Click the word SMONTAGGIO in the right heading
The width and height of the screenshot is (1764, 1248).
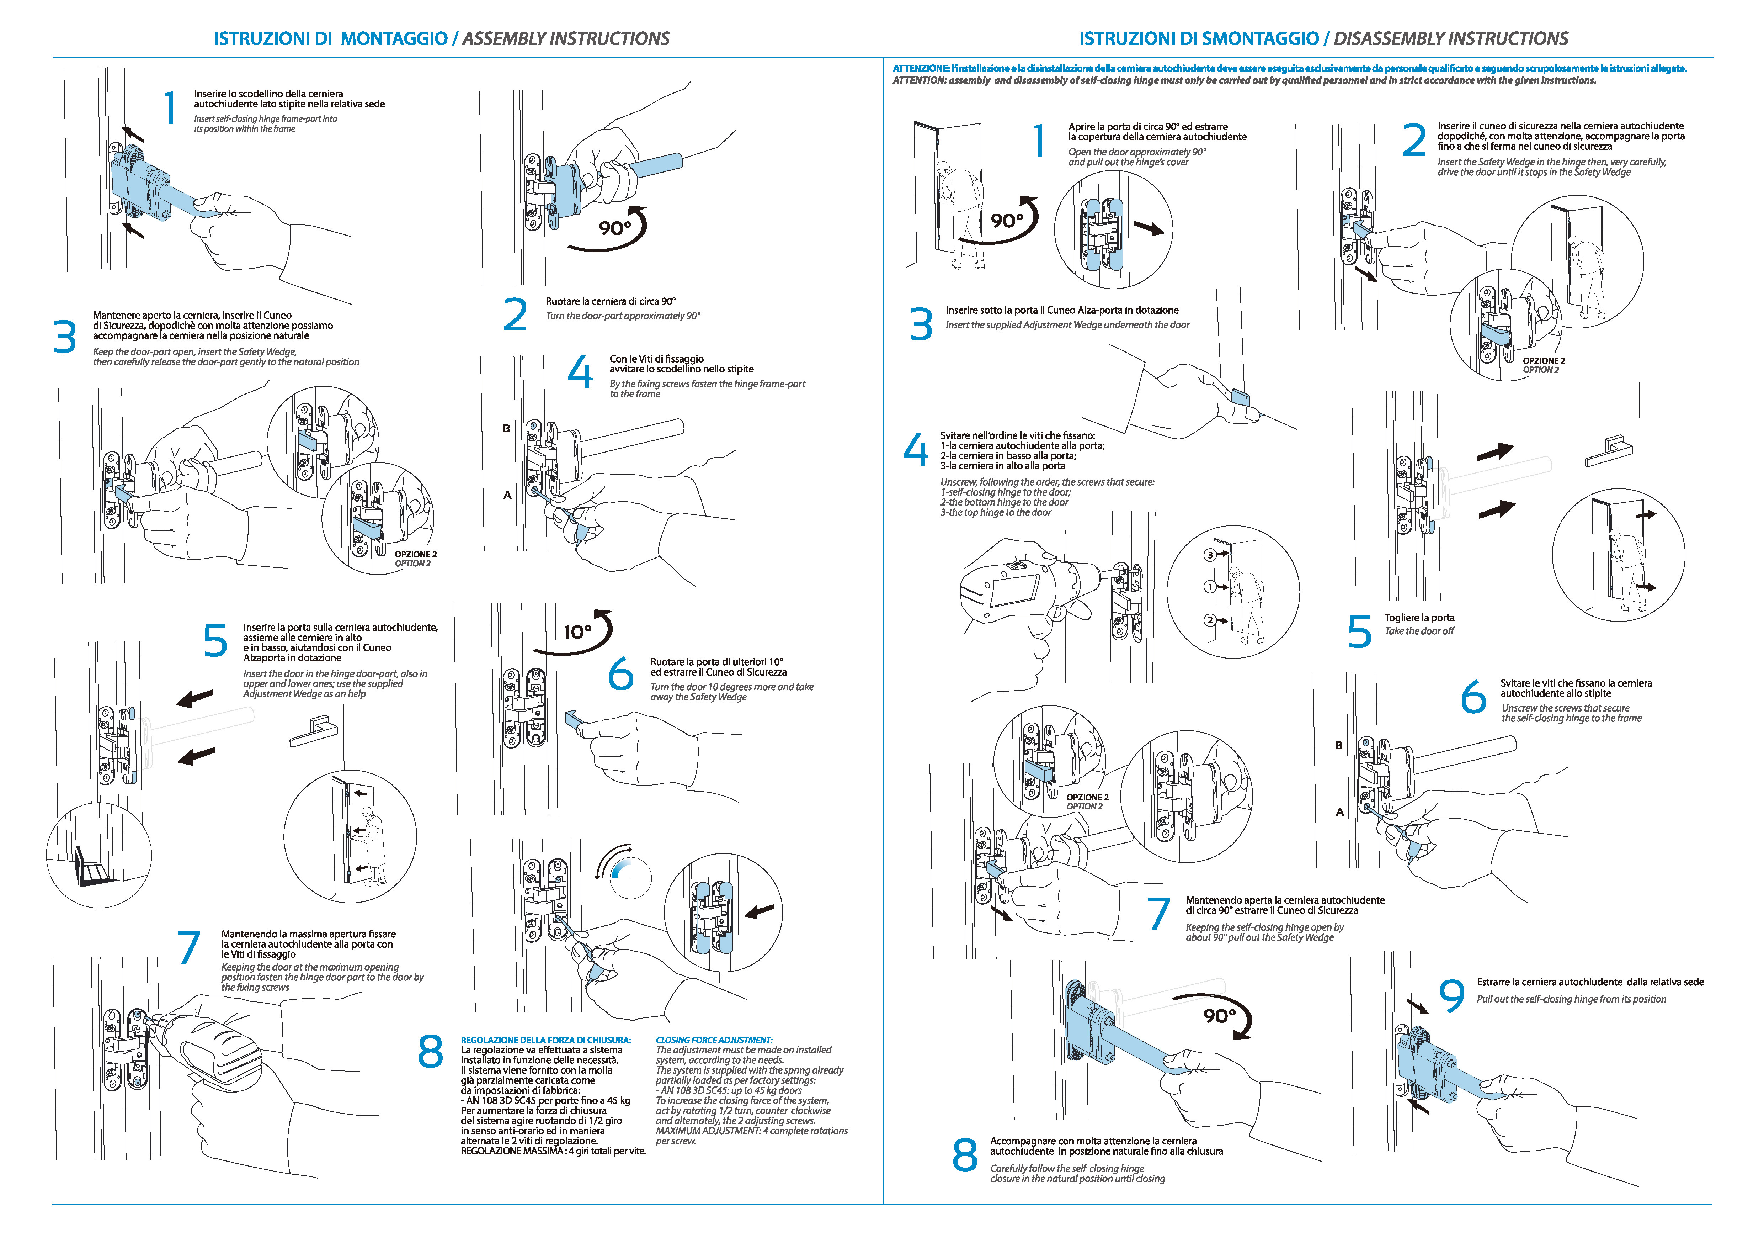click(1260, 38)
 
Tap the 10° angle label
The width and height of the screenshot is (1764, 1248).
click(578, 632)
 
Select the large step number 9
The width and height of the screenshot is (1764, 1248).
click(1451, 996)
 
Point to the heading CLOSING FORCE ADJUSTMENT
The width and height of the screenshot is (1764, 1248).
click(714, 1040)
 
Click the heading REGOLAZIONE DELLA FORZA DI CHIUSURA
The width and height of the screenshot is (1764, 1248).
click(545, 1040)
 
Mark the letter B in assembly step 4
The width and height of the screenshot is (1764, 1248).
click(506, 428)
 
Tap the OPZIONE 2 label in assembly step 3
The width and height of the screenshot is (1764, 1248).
click(416, 554)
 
